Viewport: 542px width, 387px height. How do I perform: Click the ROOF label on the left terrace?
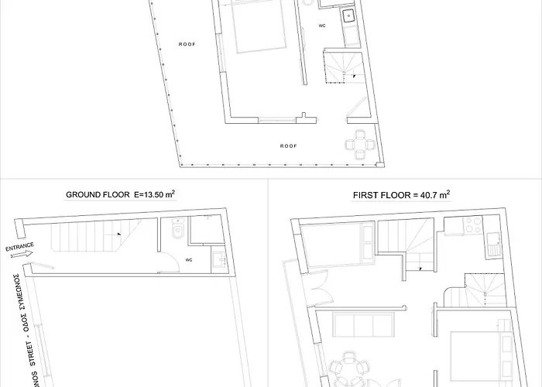coord(187,44)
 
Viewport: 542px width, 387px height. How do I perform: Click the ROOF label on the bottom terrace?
coord(289,145)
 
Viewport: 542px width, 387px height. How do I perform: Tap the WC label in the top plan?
coord(323,25)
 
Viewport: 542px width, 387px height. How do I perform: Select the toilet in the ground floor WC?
coord(177,229)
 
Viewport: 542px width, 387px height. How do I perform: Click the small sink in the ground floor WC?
coord(219,259)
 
